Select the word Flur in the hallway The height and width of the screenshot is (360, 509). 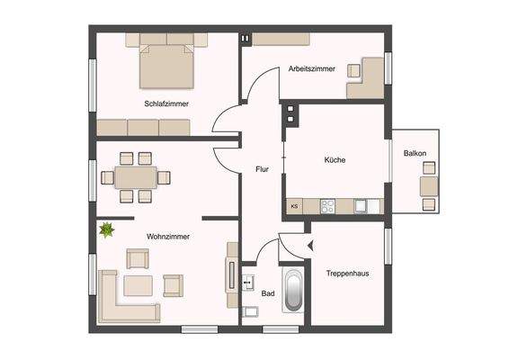[262, 168]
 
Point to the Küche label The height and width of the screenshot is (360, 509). [335, 160]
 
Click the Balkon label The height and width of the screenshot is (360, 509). [415, 153]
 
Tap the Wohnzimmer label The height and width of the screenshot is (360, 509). [165, 237]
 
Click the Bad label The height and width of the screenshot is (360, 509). [267, 293]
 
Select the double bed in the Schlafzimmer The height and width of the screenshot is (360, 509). [166, 62]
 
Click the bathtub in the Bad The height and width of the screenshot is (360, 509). [294, 290]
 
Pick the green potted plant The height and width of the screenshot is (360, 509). [107, 230]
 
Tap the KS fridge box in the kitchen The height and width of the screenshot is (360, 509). [294, 206]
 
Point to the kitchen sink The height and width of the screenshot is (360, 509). [360, 205]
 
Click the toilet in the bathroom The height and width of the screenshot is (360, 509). [251, 312]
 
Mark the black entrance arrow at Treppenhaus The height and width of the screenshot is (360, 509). [310, 244]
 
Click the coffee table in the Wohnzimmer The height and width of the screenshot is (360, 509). [140, 285]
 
